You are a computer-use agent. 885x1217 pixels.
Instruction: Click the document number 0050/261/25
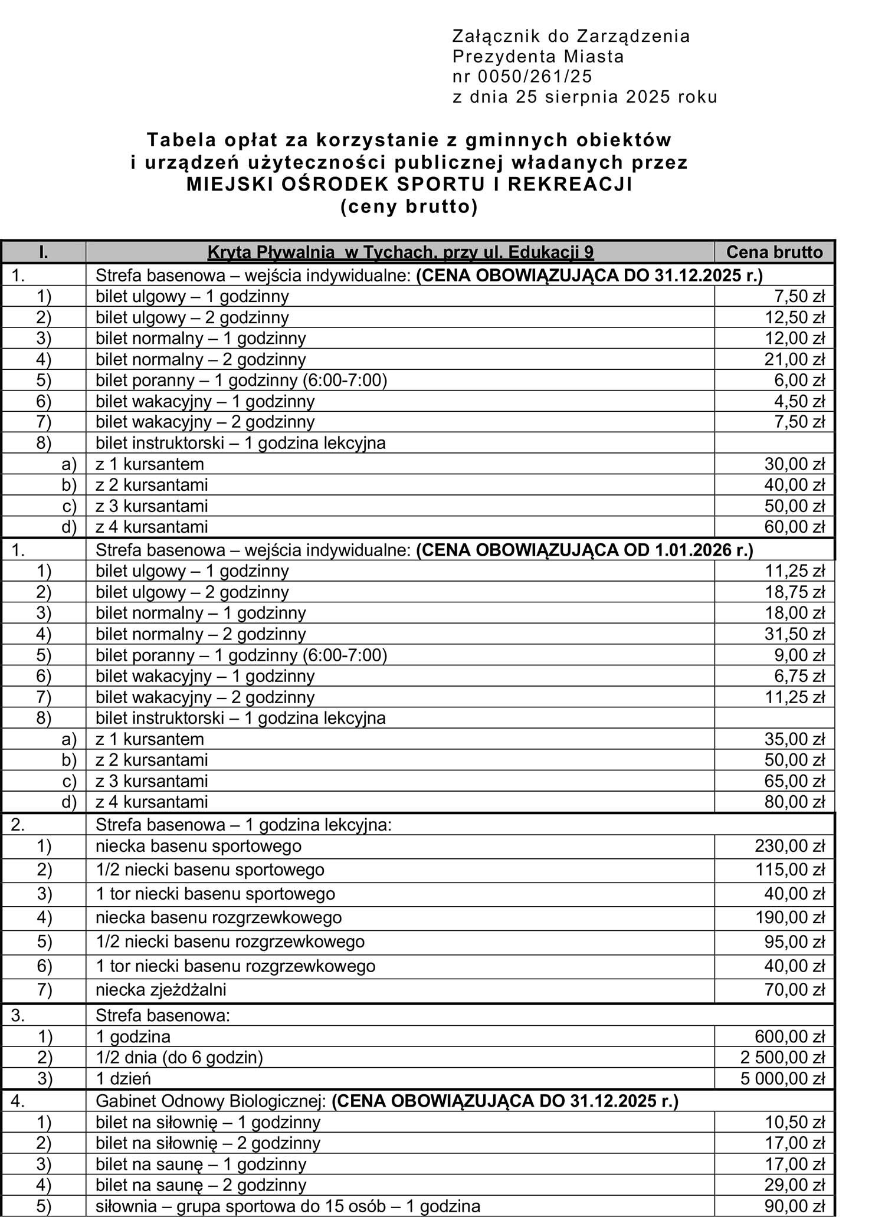533,77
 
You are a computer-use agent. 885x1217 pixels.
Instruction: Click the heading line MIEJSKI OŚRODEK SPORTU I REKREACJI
409,185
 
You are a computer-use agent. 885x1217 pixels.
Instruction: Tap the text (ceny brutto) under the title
409,207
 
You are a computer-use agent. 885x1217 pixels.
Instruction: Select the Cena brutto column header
774,252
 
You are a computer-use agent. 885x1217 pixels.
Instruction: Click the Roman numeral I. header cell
44,252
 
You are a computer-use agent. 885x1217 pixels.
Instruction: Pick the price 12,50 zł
795,317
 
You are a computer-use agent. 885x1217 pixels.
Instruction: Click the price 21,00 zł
795,359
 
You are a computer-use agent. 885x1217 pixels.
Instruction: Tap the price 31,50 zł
795,634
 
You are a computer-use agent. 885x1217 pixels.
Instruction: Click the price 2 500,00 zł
782,1057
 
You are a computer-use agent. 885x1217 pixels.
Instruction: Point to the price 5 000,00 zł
782,1078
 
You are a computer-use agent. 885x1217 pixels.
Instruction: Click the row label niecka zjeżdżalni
160,989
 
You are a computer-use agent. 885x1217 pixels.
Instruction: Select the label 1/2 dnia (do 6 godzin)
179,1057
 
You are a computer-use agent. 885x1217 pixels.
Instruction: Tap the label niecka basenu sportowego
198,846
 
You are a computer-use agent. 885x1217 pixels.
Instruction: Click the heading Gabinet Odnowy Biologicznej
211,1101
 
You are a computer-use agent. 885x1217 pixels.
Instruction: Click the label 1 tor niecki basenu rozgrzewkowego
235,966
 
